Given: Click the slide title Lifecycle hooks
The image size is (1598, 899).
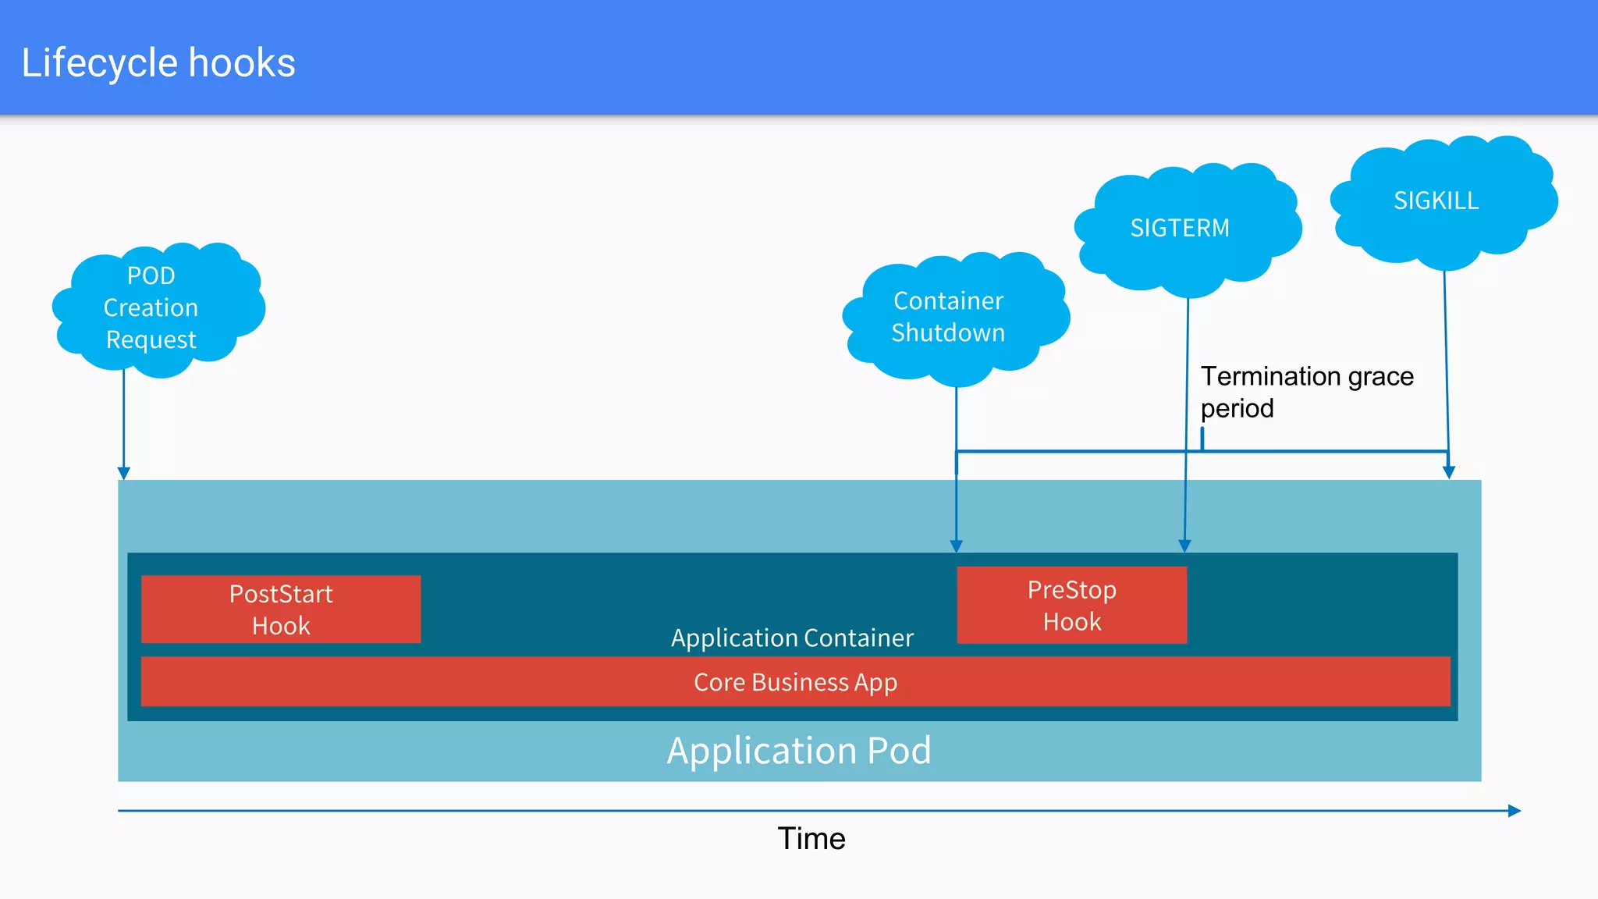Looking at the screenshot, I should pos(158,63).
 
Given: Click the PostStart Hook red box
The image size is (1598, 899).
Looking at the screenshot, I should pos(281,609).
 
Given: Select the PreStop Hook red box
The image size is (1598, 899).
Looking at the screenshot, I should pos(1071,606).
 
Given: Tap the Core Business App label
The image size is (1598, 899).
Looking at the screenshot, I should pos(795,682).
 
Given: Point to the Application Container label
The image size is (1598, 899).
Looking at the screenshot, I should pos(792,638).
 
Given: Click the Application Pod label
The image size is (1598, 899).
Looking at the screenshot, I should pos(799,750).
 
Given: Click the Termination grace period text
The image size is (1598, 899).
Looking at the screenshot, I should pos(1307,392).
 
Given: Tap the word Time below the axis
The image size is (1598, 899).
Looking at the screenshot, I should pos(811,839).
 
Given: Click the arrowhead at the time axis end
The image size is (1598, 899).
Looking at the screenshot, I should pos(1515,811).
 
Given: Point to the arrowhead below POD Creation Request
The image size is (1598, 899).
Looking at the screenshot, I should pos(123,473).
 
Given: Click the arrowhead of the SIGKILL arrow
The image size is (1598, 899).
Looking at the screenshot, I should pos(1449,472).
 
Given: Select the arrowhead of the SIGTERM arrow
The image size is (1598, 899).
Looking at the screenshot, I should pos(1184,545).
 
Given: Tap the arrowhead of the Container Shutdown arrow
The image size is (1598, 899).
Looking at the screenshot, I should pos(956,545).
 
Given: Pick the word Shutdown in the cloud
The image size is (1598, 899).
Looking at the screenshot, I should pos(948,333).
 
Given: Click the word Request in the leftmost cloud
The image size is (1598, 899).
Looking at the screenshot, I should pos(151,340).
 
